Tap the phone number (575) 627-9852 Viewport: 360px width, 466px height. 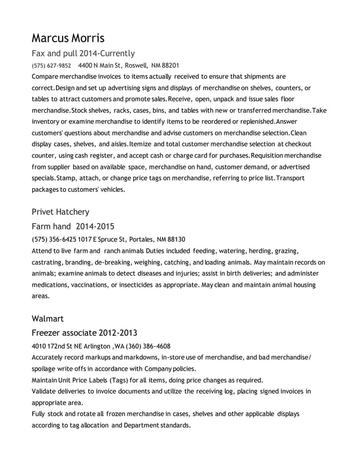tap(51, 65)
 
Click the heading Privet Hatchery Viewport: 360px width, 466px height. tap(60, 212)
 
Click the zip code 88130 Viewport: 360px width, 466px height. tap(175, 239)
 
